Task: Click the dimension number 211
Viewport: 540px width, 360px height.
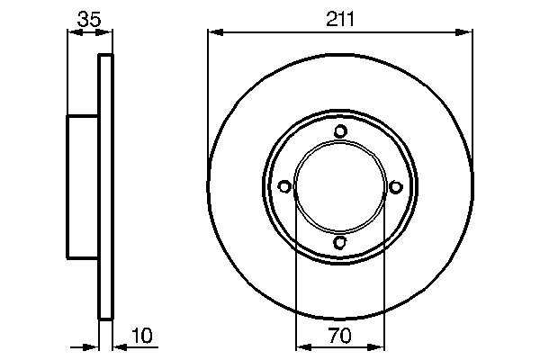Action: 340,19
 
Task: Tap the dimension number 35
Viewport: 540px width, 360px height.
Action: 89,19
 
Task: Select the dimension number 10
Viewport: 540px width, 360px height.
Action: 141,335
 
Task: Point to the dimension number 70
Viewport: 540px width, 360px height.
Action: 339,335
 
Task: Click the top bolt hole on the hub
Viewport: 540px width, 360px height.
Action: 340,131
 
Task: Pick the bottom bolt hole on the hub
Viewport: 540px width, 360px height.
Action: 340,243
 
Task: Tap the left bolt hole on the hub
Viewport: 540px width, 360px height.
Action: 284,186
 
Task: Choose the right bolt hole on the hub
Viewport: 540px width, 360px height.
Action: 396,186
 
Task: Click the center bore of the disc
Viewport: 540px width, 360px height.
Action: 340,186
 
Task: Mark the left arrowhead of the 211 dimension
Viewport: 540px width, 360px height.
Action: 216,32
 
